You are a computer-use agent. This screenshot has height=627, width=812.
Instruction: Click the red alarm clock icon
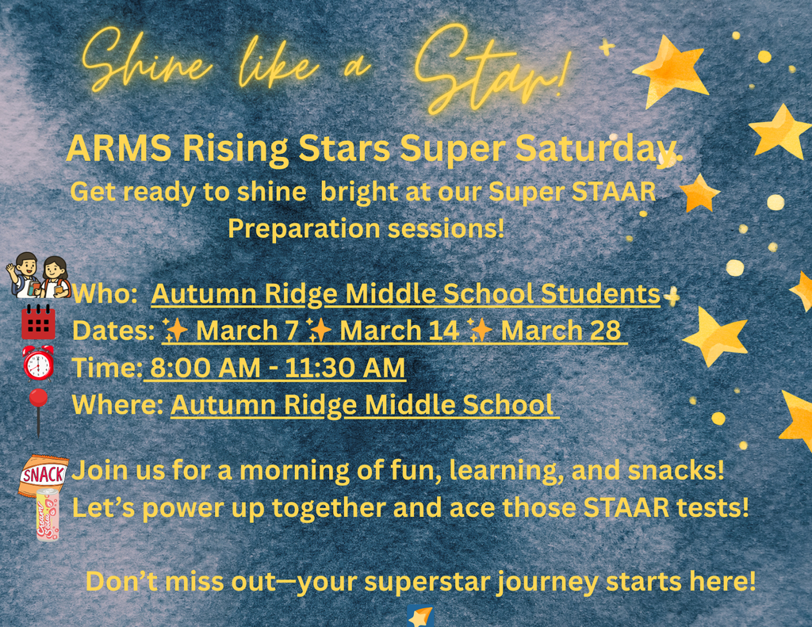click(x=38, y=363)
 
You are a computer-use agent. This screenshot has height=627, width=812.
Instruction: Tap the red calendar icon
click(x=38, y=321)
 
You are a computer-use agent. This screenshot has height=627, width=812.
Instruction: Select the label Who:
click(x=105, y=294)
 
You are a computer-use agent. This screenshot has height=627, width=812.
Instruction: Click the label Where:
click(x=118, y=405)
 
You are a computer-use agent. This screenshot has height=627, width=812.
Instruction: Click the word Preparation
click(x=302, y=229)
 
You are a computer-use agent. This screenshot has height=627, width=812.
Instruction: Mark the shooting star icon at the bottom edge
click(x=419, y=616)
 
